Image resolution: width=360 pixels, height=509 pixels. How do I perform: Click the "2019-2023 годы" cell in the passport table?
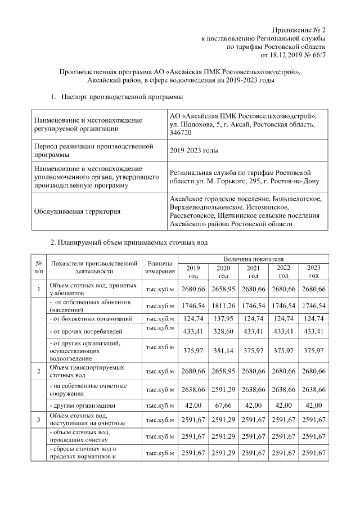point(194,151)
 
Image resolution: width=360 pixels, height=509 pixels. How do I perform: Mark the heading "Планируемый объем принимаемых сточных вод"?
point(129,243)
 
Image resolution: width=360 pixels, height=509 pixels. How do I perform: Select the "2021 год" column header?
point(253,272)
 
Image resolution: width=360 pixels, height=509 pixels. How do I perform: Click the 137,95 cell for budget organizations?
point(224,319)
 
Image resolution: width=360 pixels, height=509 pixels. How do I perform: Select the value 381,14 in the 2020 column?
point(224,350)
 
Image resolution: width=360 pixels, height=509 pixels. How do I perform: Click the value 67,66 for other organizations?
point(224,405)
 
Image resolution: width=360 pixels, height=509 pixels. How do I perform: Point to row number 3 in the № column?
point(38,419)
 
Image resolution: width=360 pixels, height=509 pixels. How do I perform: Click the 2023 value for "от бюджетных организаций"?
point(314,319)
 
